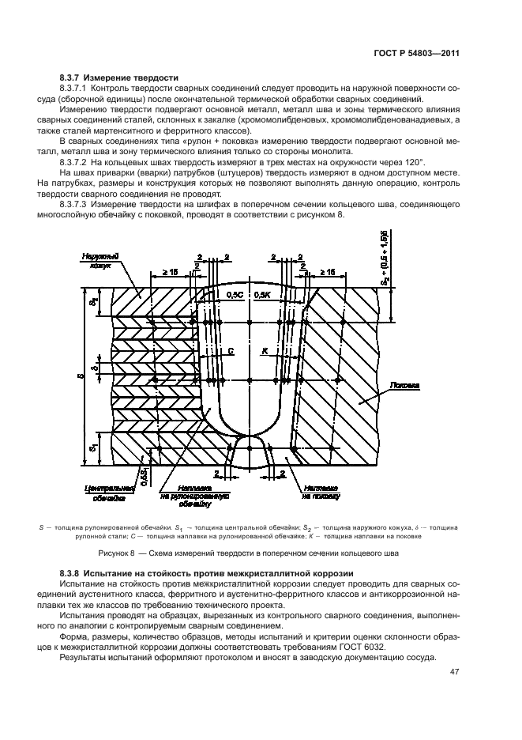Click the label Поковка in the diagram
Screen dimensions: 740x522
pos(403,387)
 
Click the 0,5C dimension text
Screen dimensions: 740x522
pos(235,294)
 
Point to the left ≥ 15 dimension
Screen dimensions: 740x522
pos(169,271)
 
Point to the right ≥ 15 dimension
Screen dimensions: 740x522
pos(324,271)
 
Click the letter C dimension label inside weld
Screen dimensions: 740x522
pos(230,349)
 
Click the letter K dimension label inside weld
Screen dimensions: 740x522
pos(265,349)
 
